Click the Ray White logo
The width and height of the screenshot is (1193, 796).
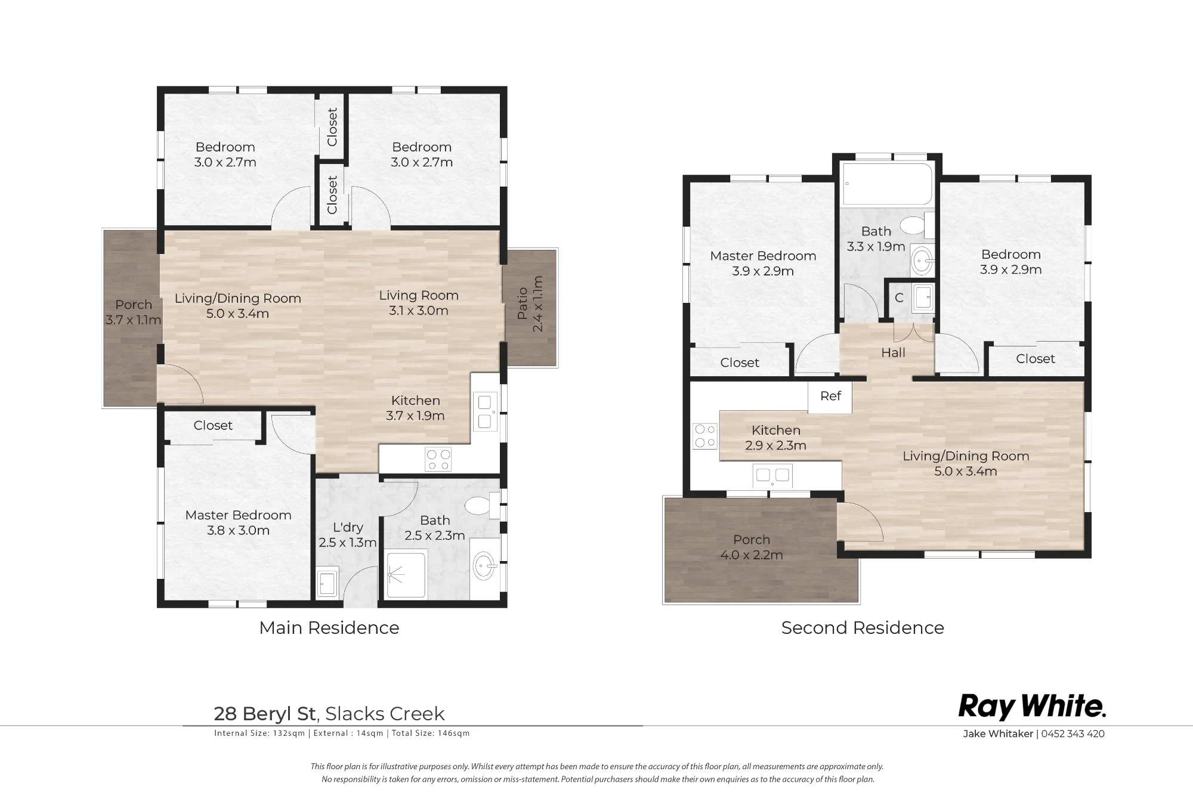[1032, 707]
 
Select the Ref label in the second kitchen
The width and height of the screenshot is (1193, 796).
[830, 396]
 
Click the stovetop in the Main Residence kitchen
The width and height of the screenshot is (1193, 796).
[438, 459]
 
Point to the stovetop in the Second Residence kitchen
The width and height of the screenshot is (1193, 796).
[704, 435]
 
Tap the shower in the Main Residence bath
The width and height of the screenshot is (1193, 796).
[407, 574]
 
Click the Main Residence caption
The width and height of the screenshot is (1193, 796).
[329, 628]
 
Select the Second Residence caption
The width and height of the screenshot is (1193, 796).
[863, 628]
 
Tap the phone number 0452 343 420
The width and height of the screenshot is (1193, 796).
[1073, 734]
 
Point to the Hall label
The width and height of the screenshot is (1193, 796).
[893, 353]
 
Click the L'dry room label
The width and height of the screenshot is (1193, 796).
[348, 527]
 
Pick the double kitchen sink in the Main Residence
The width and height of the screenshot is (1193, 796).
[485, 412]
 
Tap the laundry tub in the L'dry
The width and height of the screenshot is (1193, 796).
[327, 583]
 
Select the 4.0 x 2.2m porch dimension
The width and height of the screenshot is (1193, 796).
[752, 555]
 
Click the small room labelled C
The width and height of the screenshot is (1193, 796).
[899, 298]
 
